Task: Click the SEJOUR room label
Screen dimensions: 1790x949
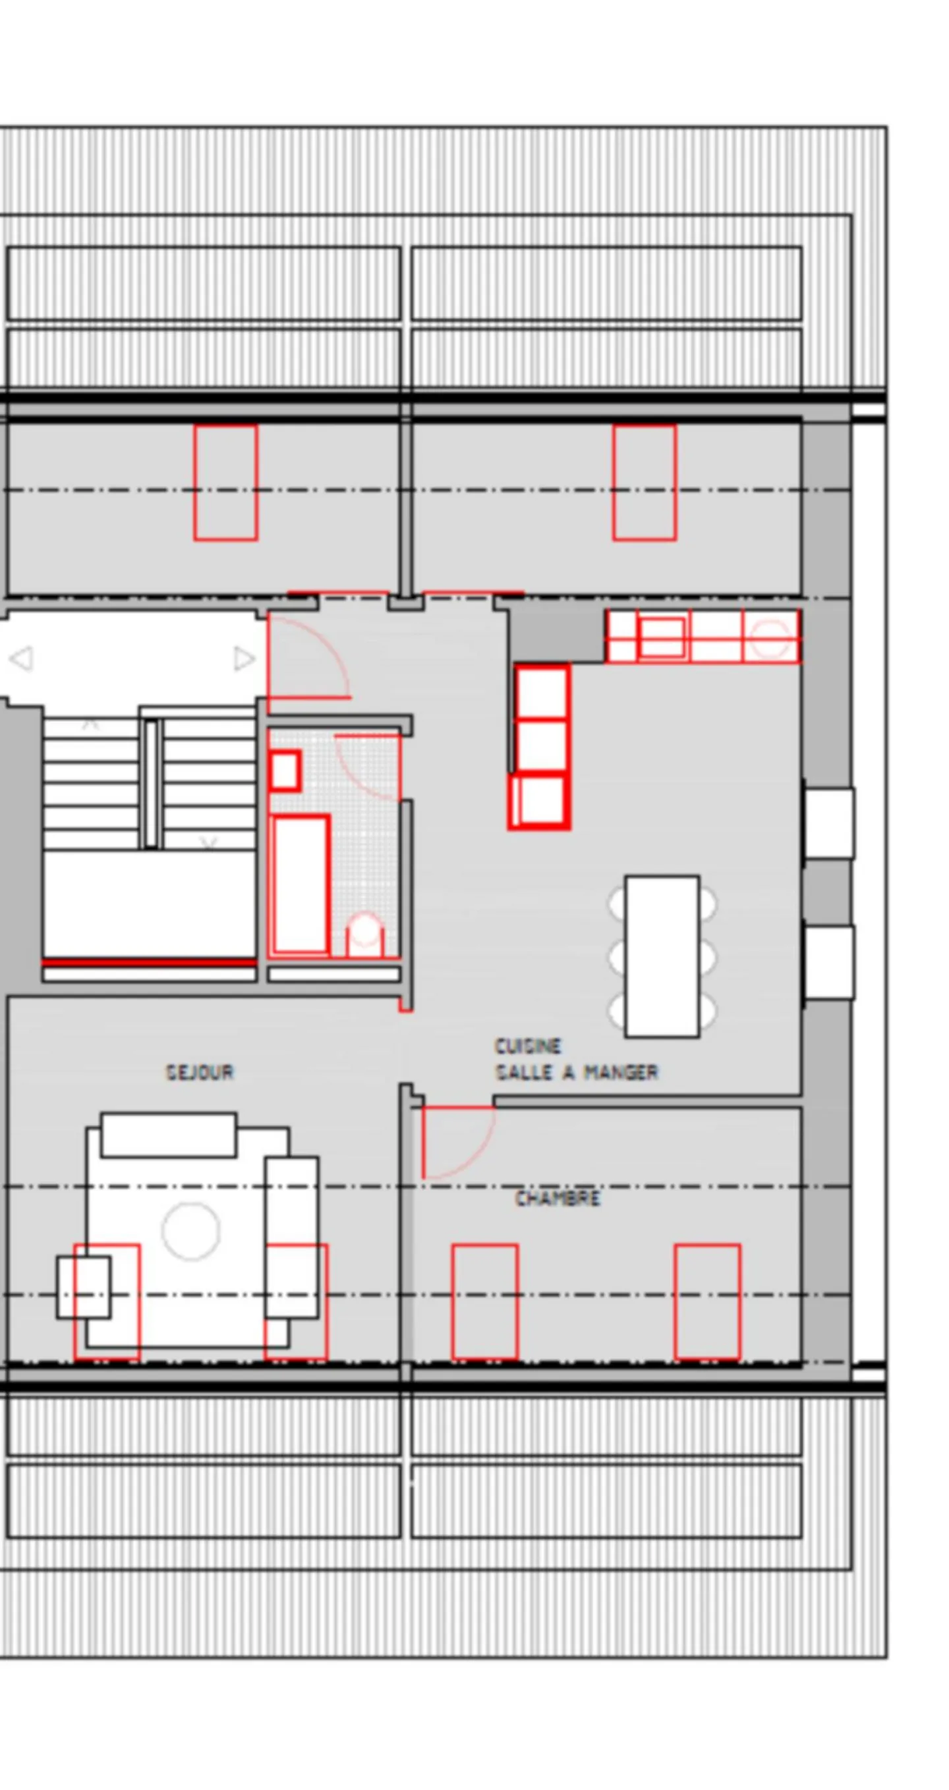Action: point(200,1072)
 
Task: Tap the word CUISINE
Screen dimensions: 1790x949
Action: point(528,1046)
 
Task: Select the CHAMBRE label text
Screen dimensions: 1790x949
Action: point(558,1197)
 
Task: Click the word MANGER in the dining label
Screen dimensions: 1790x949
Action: point(621,1072)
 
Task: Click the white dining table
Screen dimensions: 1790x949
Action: point(661,956)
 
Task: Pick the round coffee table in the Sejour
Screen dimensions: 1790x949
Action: point(191,1231)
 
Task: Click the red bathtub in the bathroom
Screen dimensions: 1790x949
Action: point(300,884)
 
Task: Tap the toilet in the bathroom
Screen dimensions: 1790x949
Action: point(364,935)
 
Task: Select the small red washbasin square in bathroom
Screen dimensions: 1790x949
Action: point(284,770)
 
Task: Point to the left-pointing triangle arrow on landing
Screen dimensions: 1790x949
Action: point(22,658)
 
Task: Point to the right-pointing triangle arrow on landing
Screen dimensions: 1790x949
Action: point(243,658)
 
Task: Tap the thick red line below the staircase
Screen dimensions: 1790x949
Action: point(149,962)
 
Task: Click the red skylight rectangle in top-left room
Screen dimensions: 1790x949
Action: point(225,482)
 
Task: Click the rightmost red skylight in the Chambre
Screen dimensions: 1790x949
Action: point(707,1301)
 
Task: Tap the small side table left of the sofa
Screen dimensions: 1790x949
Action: point(84,1287)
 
